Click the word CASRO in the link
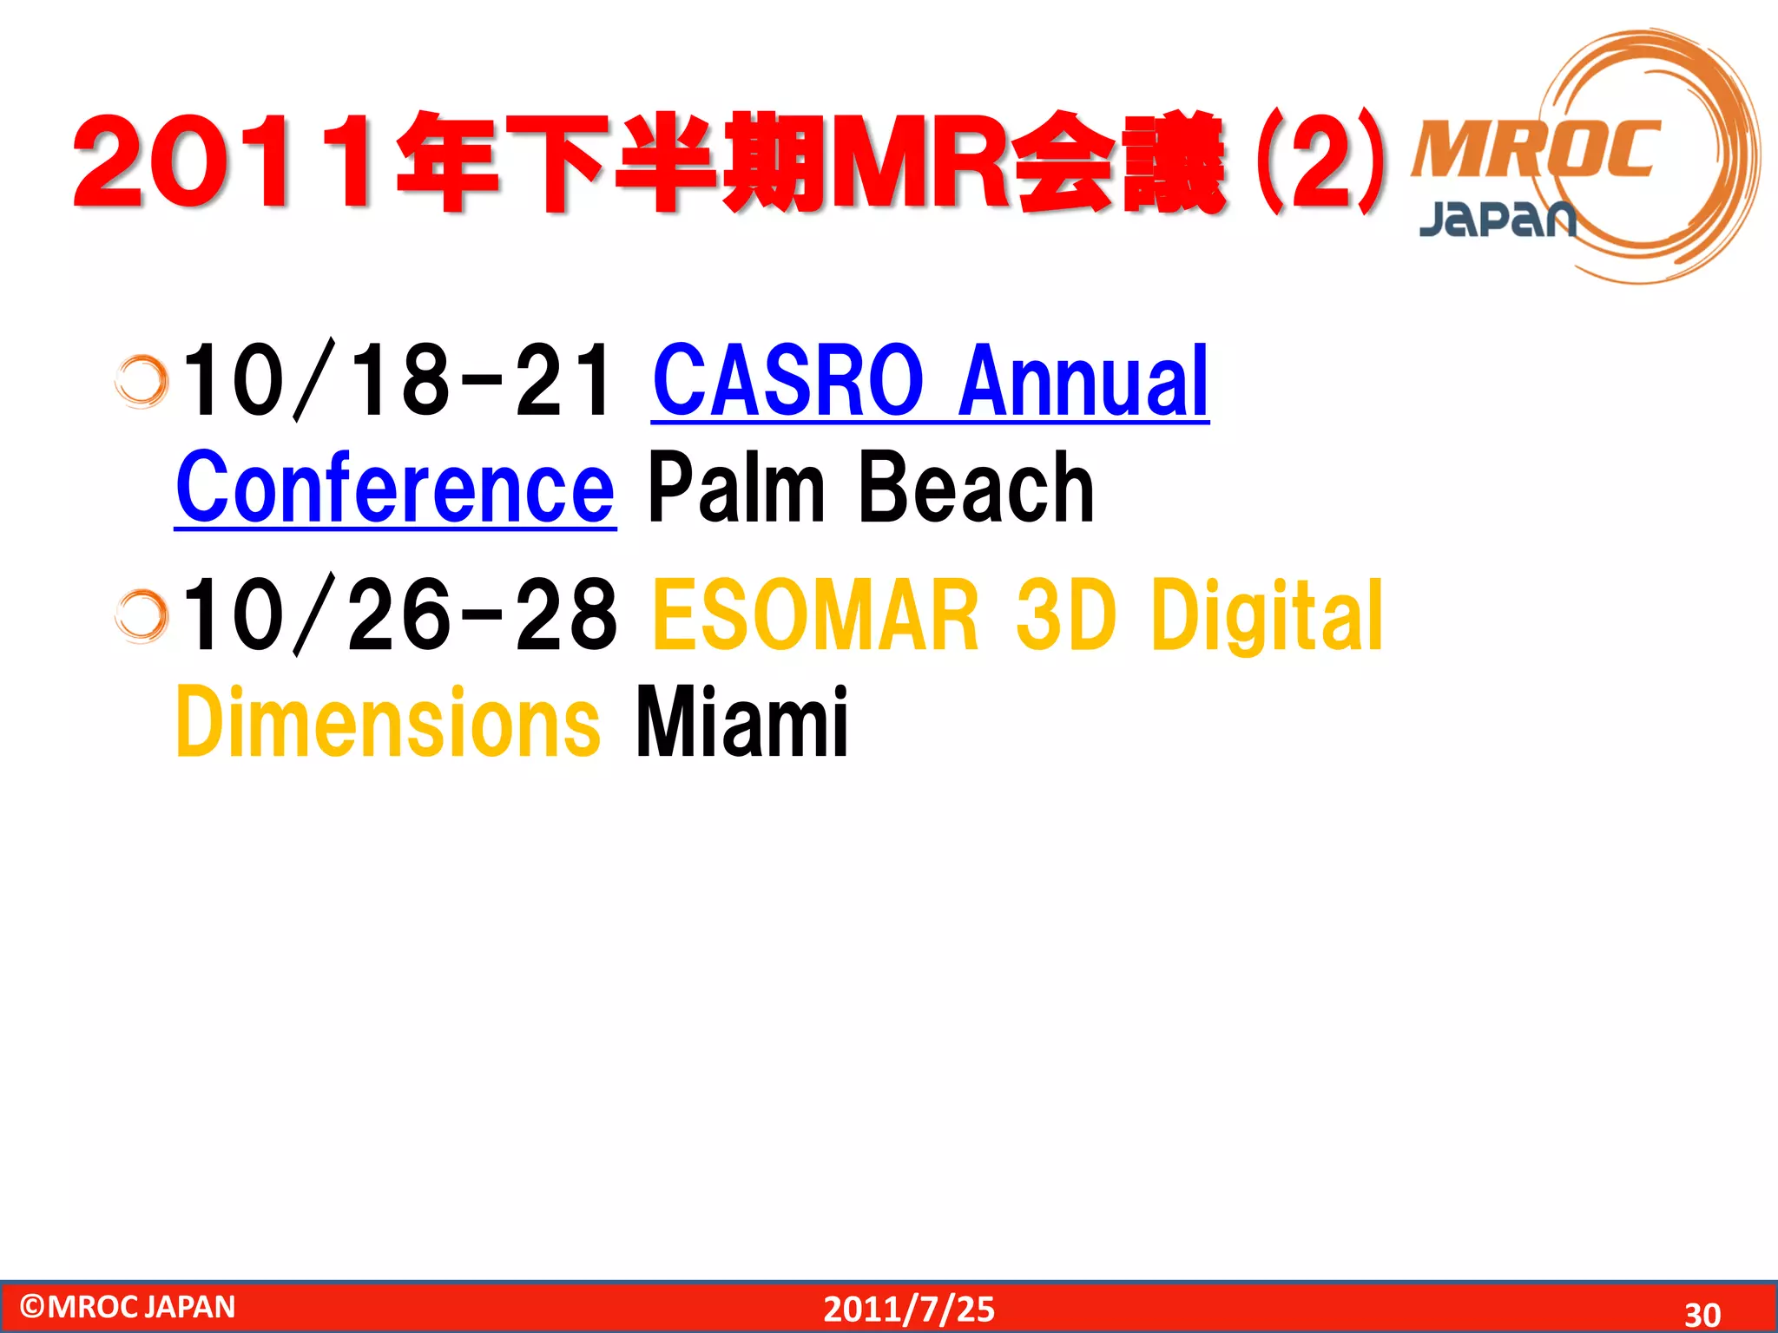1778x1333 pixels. click(x=787, y=381)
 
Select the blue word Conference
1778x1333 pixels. click(x=395, y=488)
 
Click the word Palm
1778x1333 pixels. click(x=736, y=488)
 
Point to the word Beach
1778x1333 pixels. click(x=976, y=488)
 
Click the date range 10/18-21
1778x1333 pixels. click(x=398, y=381)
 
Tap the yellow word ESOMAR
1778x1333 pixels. click(x=816, y=615)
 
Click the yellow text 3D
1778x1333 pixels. click(x=1064, y=615)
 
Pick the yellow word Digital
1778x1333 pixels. click(x=1267, y=615)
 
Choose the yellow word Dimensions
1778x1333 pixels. click(x=387, y=722)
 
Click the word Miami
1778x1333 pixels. click(x=741, y=722)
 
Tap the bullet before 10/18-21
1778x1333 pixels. click(x=142, y=381)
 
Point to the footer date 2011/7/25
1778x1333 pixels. click(x=909, y=1309)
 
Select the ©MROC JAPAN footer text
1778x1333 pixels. click(x=128, y=1307)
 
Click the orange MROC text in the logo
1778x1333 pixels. click(x=1535, y=149)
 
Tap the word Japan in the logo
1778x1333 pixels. click(x=1497, y=219)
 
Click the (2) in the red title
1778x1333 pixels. click(x=1320, y=163)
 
